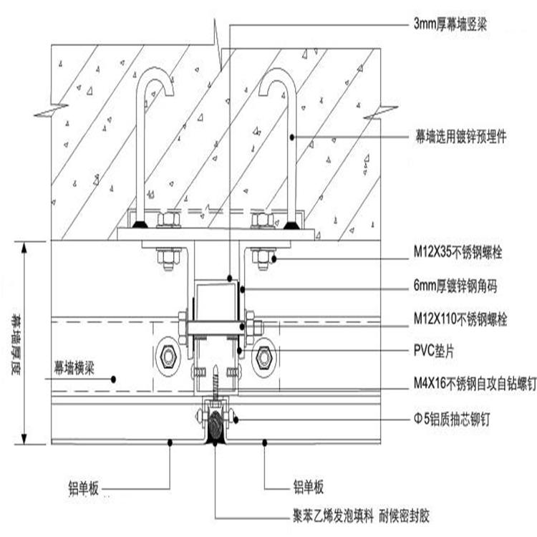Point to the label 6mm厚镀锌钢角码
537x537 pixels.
point(456,288)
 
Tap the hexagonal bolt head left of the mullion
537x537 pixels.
point(169,356)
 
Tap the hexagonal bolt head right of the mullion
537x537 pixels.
point(263,356)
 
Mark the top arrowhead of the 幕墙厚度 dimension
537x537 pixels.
point(26,247)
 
